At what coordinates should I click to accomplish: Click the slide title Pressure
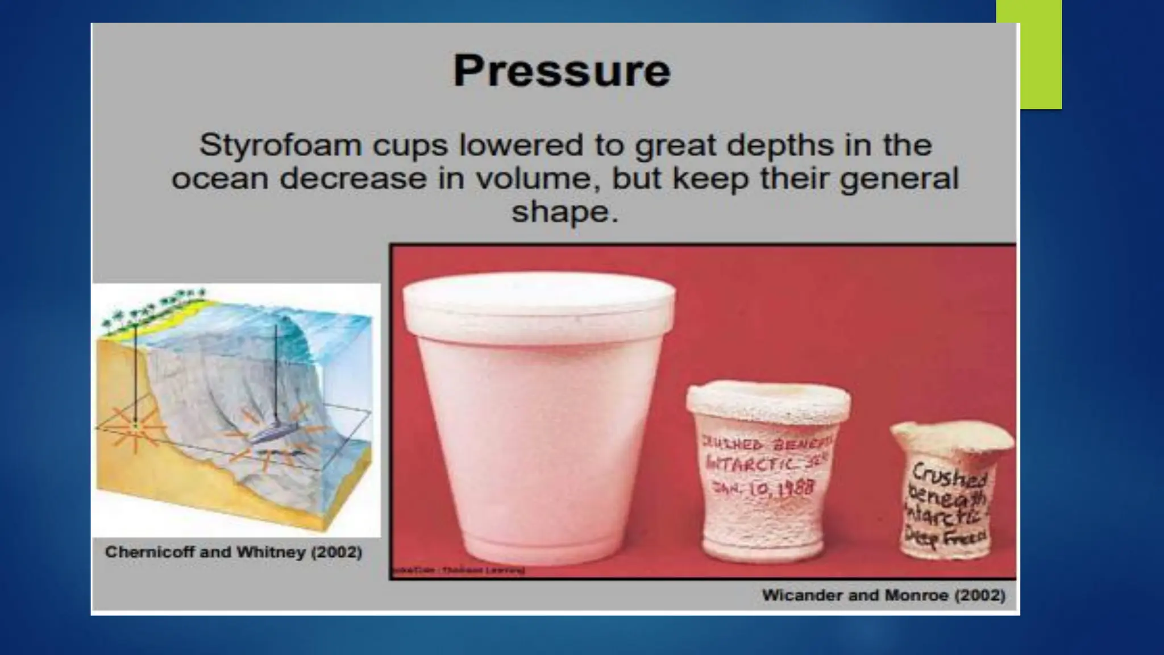(x=562, y=71)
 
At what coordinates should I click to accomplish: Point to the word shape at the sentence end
(x=558, y=212)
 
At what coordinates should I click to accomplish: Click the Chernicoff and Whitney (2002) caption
(x=234, y=552)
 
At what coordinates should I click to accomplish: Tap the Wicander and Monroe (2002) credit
(x=883, y=595)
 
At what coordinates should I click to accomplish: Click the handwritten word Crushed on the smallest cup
(x=950, y=475)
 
